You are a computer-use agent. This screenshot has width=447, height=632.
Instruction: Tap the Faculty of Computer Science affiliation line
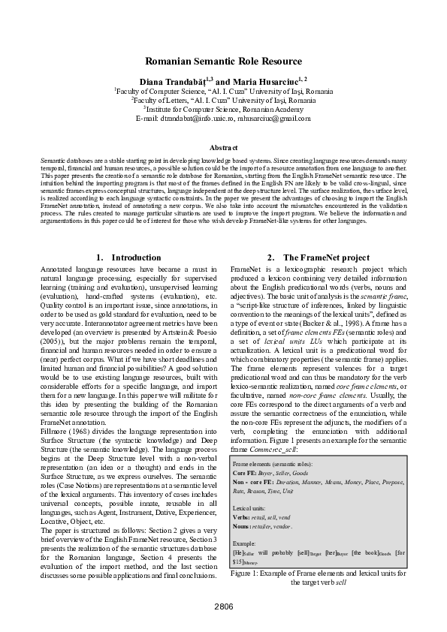click(223, 90)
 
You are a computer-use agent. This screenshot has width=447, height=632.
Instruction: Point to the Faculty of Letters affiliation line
click(223, 99)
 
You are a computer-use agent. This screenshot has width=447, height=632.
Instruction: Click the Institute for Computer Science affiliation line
click(223, 108)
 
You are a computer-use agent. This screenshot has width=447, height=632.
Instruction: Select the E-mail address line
click(223, 117)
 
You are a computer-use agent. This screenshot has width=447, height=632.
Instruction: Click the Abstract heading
click(223, 148)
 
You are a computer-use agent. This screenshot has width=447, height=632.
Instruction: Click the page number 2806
click(223, 606)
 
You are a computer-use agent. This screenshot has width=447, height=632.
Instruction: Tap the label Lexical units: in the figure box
click(250, 508)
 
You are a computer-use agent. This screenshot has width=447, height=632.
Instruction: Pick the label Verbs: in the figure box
click(242, 517)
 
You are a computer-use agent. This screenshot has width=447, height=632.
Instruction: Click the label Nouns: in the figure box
click(243, 526)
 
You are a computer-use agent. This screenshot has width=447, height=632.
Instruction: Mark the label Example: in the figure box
click(246, 543)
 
